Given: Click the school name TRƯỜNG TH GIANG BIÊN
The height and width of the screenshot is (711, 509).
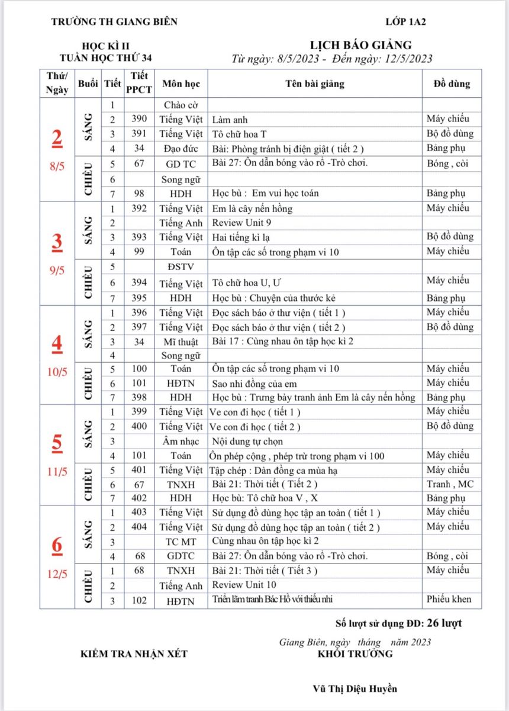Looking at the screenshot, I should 114,22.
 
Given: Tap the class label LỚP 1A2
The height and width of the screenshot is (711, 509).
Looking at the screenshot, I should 405,22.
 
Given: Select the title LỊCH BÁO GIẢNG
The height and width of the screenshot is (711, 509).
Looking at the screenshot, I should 360,45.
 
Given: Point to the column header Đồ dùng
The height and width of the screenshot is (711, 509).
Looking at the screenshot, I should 447,84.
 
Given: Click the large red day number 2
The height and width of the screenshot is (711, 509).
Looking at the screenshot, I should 57,137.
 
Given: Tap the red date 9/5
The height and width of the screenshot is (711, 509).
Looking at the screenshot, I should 57,271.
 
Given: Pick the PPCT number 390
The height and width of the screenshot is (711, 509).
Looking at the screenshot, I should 139,119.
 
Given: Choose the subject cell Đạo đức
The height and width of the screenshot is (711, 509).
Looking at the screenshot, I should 181,149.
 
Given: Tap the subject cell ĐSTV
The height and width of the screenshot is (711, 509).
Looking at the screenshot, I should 181,267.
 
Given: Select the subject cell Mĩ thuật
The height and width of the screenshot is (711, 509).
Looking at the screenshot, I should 181,342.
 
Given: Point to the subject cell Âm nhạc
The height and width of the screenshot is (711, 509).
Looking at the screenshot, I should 181,441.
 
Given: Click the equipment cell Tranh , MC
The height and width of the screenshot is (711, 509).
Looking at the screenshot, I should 450,484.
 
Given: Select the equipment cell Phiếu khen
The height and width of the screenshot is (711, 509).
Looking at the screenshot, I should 449,599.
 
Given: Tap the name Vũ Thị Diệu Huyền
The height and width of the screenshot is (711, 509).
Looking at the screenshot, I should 355,688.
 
